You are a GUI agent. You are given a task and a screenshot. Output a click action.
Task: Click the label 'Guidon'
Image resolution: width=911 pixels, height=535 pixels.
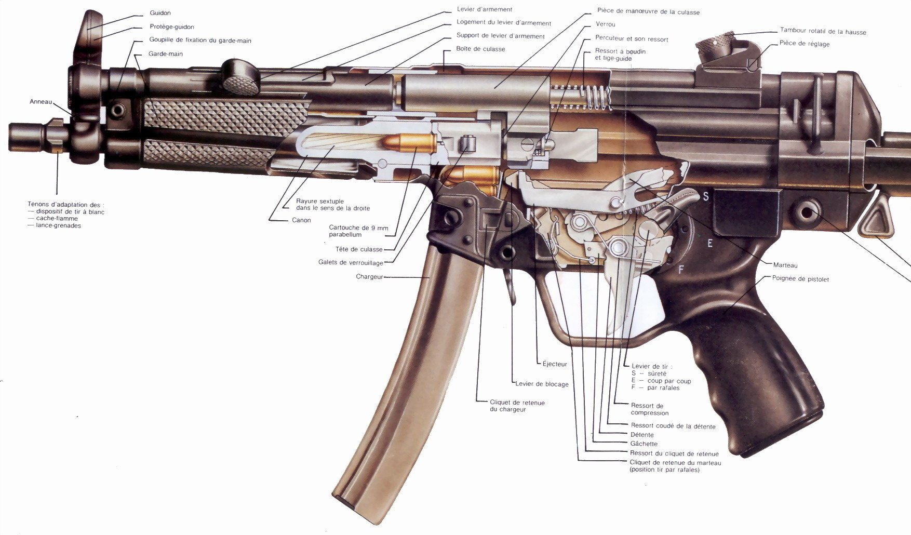(160, 13)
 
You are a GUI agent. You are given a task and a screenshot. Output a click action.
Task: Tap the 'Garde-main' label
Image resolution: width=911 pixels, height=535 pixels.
(166, 54)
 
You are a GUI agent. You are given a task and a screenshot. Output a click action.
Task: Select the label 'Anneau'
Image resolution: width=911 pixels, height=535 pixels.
(41, 102)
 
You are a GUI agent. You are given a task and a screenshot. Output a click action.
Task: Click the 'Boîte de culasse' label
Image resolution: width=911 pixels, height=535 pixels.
(480, 49)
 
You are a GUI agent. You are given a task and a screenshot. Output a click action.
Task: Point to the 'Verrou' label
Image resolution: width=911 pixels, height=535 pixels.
(606, 24)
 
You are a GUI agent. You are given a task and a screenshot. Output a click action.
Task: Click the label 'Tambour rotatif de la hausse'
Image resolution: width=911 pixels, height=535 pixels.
(823, 32)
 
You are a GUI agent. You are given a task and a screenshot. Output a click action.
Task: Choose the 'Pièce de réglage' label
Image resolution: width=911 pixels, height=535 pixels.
(805, 44)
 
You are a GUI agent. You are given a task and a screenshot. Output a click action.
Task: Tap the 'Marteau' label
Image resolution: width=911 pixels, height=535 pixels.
(785, 265)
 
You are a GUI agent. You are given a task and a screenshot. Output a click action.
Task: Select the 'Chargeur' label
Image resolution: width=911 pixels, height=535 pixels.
(369, 277)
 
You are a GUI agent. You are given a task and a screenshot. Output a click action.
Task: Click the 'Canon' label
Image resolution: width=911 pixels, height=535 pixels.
(301, 220)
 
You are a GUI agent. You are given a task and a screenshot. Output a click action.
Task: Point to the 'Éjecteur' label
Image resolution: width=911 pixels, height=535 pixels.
(555, 364)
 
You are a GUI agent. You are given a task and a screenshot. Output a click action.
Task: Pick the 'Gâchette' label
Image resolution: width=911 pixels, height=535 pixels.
(644, 444)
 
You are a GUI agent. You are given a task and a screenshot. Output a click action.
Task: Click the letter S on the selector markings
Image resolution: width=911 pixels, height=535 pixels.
(706, 197)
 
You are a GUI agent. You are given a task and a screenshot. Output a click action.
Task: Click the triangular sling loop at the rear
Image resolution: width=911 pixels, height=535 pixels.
(875, 221)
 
